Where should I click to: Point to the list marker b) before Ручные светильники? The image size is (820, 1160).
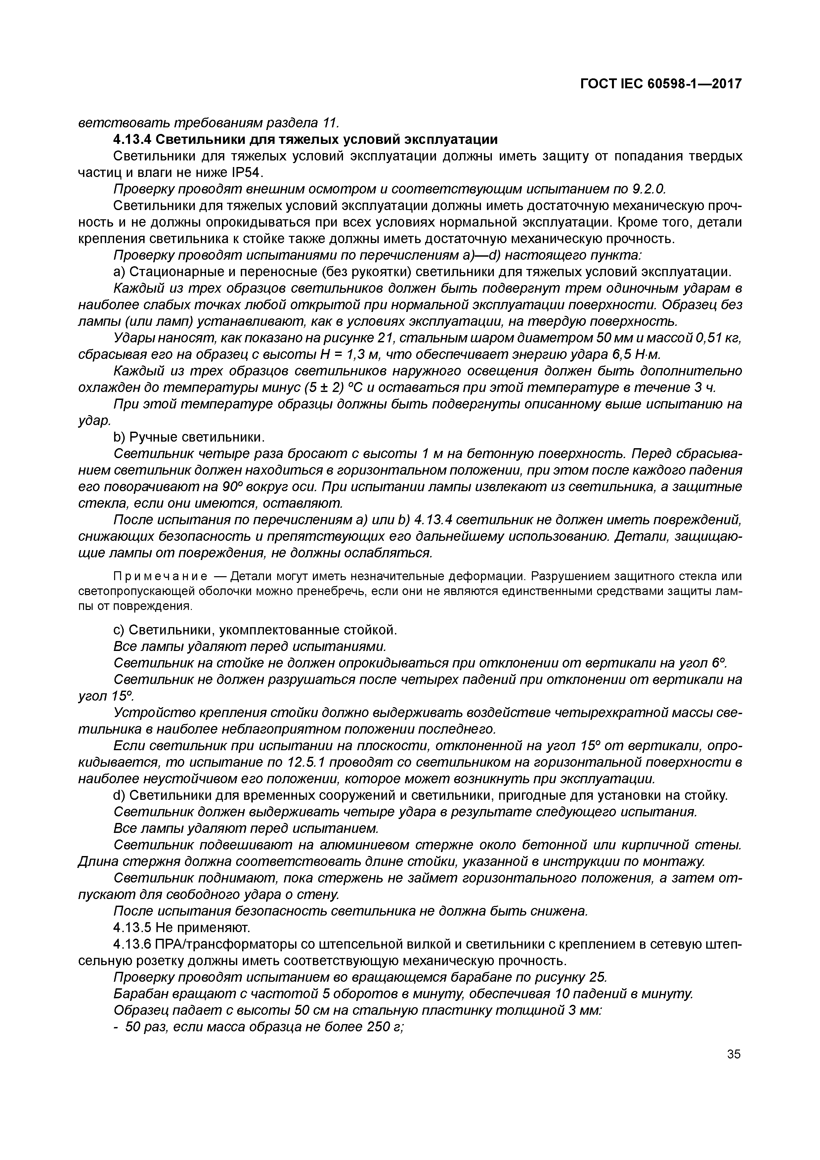119,437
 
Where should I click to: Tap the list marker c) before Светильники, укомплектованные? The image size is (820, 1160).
119,630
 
